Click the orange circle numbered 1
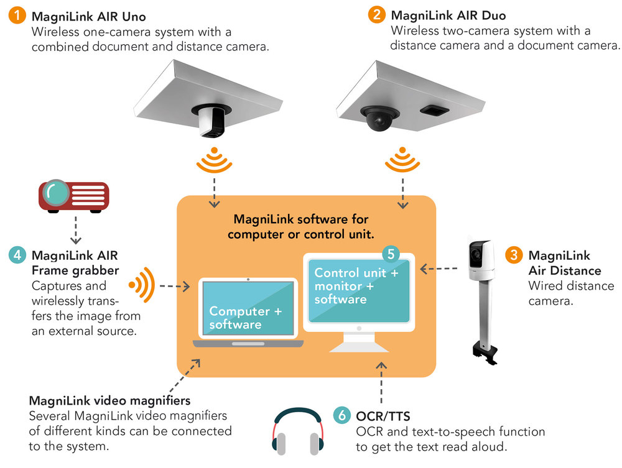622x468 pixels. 18,16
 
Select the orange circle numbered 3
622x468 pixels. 514,255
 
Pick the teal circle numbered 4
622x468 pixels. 18,255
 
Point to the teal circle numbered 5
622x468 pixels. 391,254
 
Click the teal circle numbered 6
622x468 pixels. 341,415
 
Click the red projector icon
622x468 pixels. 74,195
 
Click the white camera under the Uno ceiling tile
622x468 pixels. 211,121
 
